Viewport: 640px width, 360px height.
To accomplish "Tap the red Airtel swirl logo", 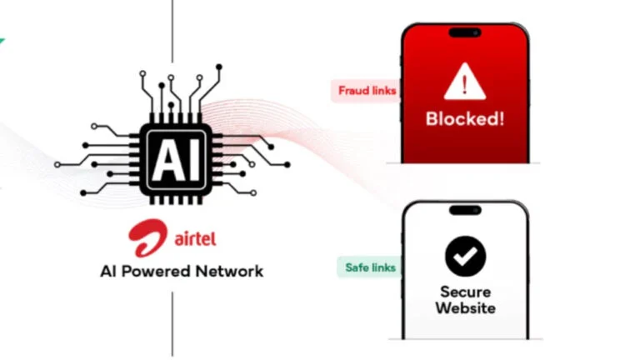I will (147, 238).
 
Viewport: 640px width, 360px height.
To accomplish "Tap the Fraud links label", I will (367, 90).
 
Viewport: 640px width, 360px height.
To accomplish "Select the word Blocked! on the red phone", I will (464, 118).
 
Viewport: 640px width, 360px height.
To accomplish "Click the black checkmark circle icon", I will (465, 256).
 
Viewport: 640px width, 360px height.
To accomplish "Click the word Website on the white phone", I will (465, 308).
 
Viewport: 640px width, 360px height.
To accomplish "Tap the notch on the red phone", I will (465, 32).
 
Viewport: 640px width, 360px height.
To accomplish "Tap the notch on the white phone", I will (465, 211).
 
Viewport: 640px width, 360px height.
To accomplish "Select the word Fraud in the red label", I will (354, 90).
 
